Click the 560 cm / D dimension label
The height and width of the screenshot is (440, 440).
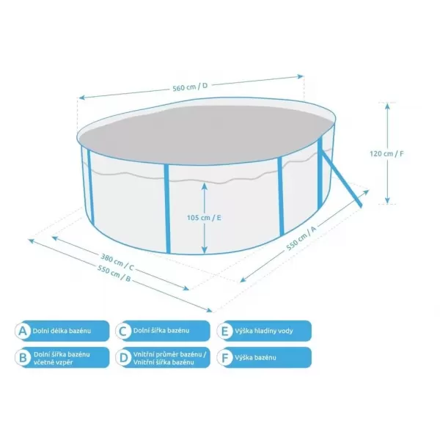[x=190, y=87]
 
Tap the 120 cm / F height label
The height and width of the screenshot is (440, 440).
[x=386, y=153]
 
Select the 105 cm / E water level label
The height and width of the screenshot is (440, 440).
[x=204, y=218]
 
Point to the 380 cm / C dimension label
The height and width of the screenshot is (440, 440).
[x=117, y=262]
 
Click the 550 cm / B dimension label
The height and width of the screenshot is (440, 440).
[x=114, y=273]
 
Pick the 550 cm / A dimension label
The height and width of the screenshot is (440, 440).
[x=301, y=238]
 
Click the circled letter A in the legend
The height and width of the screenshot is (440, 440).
[x=23, y=331]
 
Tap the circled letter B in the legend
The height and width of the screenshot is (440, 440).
[x=23, y=358]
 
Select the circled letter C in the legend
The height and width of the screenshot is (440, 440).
[x=123, y=331]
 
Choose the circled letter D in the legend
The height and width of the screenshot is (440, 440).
[x=123, y=358]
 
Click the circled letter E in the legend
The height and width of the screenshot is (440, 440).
[x=225, y=331]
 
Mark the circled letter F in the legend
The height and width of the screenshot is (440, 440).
[x=225, y=358]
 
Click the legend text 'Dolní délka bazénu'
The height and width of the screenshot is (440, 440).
[x=62, y=331]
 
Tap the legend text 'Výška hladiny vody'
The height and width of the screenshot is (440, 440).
[x=264, y=331]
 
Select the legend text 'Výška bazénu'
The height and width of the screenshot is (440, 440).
[x=255, y=358]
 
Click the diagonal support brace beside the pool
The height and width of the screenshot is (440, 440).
[x=341, y=178]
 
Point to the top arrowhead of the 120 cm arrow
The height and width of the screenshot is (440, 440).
[x=387, y=106]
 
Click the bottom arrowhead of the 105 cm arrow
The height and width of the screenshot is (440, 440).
[x=205, y=250]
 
